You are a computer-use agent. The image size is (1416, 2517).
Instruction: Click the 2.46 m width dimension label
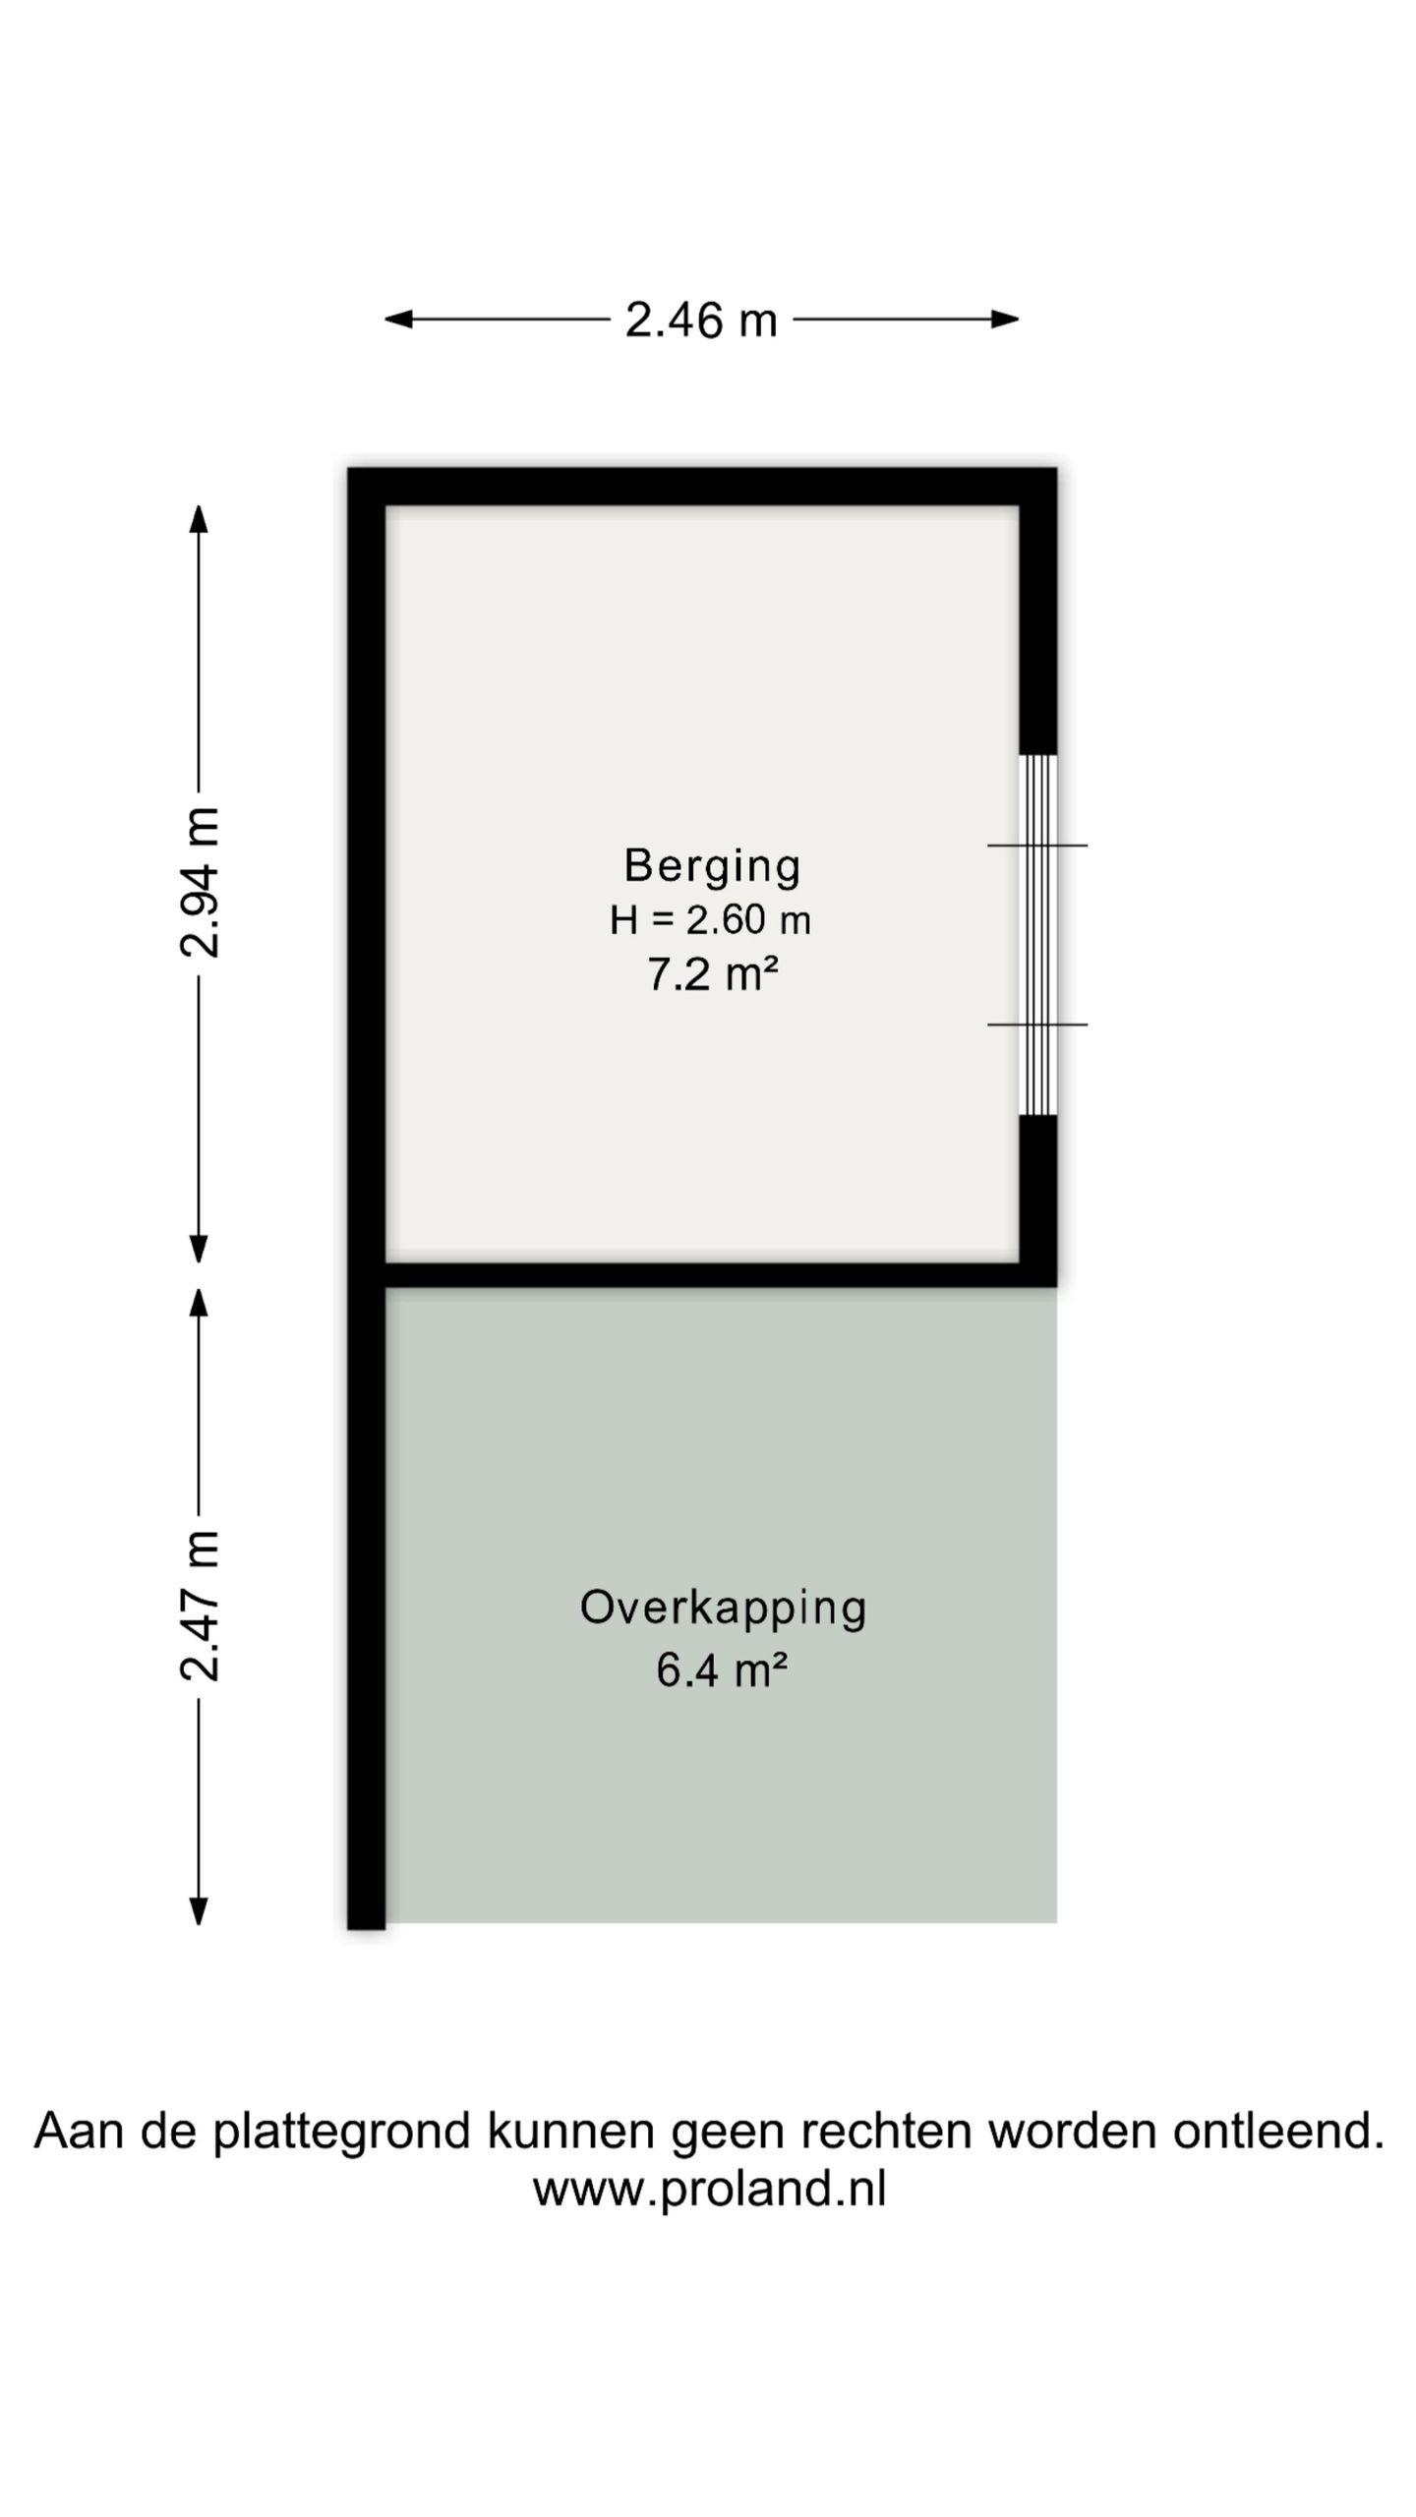701,320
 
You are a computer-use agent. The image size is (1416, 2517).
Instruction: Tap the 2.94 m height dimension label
200,882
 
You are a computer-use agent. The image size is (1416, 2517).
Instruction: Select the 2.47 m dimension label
200,1606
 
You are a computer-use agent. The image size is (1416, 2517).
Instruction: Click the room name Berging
712,866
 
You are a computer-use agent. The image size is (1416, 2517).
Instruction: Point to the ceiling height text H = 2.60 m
710,920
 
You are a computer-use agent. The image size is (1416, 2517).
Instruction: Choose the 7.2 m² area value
712,974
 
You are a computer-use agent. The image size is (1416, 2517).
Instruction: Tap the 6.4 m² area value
722,1669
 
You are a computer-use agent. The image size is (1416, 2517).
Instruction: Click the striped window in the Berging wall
1037,934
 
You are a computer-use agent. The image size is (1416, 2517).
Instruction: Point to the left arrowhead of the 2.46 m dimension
398,319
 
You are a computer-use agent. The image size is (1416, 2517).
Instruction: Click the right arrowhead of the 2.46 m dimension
1004,319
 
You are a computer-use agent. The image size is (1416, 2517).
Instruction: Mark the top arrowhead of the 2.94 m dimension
199,519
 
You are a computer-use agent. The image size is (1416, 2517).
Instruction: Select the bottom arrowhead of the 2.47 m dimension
199,1910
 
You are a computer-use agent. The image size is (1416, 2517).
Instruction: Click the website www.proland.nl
709,2190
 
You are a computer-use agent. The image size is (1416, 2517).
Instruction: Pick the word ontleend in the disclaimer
1278,2131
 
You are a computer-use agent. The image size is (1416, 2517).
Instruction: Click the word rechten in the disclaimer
888,2131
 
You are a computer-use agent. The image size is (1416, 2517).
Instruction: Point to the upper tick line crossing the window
1037,845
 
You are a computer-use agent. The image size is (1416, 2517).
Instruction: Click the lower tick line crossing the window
1037,1024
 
